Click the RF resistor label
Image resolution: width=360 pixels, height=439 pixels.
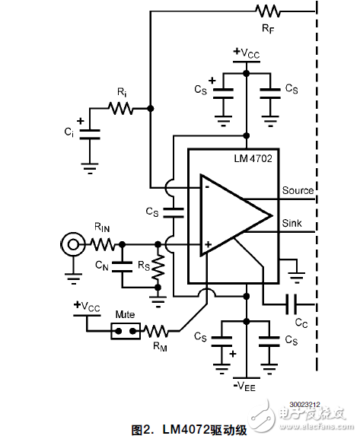268,27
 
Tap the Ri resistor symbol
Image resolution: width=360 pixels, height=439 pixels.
120,109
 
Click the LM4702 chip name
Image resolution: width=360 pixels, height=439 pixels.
253,159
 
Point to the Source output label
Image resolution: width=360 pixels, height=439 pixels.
297,190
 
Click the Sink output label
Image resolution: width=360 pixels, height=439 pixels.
292,224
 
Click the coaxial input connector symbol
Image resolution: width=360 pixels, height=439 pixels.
72,244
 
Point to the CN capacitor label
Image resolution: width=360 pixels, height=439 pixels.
103,266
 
